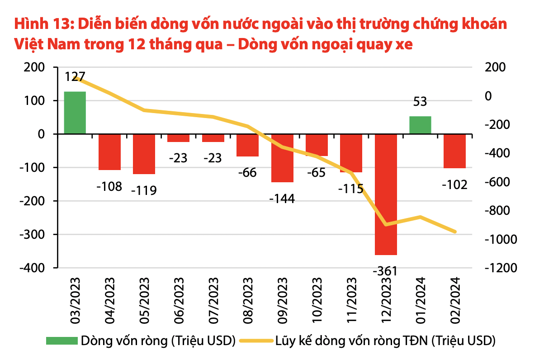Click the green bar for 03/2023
[75, 113]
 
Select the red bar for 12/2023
[386, 194]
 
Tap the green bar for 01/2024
[420, 125]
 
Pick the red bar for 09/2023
[282, 158]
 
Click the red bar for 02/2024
[454, 151]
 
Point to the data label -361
[385, 271]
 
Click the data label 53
[420, 102]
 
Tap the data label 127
[75, 76]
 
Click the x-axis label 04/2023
[110, 297]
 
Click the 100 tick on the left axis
[35, 100]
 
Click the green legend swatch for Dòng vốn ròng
[61, 340]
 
